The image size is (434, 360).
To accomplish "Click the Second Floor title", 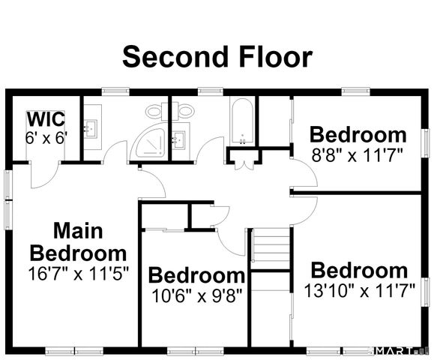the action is point(217,57).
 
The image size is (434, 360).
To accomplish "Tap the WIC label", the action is point(46,119).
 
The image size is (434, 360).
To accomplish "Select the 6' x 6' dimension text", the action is point(46,138).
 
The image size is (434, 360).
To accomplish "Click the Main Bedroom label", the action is point(78,241).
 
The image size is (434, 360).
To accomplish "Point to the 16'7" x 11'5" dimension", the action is point(79,274).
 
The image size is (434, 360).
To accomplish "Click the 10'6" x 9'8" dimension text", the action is point(197,295).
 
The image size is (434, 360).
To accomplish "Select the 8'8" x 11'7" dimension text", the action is point(357,155).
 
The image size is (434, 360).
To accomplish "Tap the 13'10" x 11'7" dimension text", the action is point(359,291).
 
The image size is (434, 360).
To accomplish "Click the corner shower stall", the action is point(148,142).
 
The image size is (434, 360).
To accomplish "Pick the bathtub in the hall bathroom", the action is point(242,121).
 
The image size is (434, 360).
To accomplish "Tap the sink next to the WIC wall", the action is point(90,128).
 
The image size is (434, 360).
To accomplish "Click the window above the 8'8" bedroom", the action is point(356,91).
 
